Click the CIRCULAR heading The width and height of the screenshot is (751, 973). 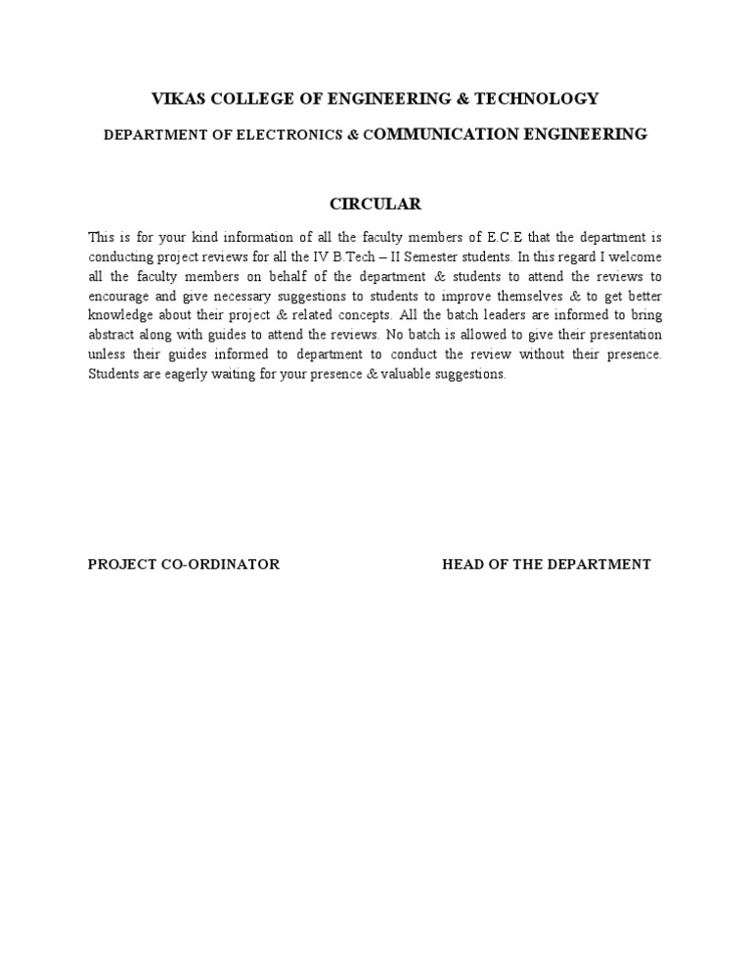pos(375,205)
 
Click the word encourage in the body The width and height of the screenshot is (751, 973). pos(117,297)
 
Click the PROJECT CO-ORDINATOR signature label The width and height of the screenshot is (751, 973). pos(184,565)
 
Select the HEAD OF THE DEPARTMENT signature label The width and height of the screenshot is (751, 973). pos(547,565)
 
